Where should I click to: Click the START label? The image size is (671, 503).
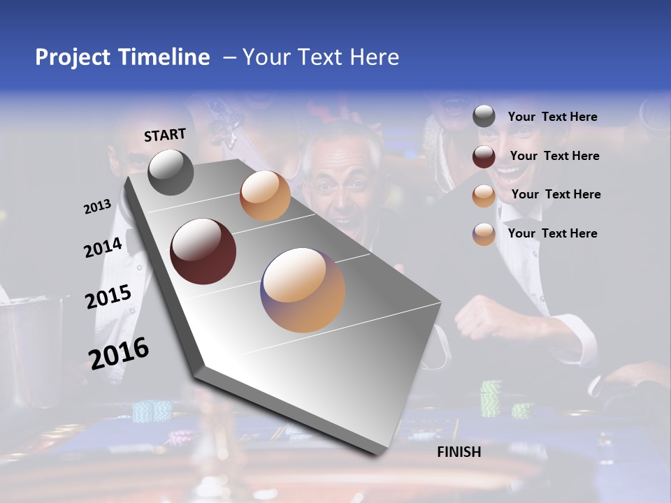[x=165, y=135]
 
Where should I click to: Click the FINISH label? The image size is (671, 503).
[x=459, y=452]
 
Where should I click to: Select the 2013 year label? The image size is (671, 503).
[x=97, y=207]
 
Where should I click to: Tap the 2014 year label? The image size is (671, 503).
[x=103, y=247]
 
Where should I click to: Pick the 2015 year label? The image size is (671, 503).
[x=108, y=297]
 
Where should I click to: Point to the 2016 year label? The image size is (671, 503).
[x=119, y=353]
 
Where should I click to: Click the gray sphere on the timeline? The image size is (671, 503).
[x=171, y=172]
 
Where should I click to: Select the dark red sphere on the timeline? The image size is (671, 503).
[x=203, y=251]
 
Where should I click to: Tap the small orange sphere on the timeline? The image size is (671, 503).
[x=265, y=196]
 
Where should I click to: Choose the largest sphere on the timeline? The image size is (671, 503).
[x=303, y=290]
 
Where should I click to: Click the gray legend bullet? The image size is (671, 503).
[x=484, y=117]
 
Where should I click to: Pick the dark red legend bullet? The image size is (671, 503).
[x=484, y=156]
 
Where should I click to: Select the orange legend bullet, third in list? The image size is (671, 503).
[x=484, y=196]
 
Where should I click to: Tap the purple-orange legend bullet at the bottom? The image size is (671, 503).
[x=484, y=234]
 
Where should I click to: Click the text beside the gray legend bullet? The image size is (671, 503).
[x=552, y=117]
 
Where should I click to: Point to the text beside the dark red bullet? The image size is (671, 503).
[x=554, y=156]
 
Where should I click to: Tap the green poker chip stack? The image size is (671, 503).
[x=491, y=398]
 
